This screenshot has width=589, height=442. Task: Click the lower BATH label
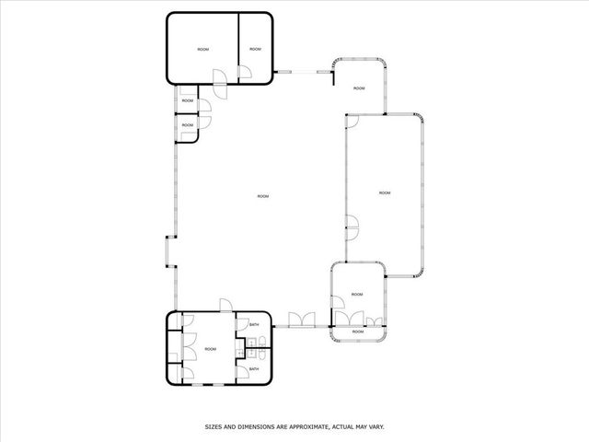254,369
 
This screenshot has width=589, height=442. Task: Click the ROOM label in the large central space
263,196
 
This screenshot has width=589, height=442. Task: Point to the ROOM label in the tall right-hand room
385,192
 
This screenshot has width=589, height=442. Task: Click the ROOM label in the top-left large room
202,48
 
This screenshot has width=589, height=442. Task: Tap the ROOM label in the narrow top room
255,48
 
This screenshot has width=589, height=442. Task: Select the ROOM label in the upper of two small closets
187,100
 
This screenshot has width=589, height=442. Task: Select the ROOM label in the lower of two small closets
187,124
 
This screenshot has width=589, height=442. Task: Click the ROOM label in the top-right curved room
359,88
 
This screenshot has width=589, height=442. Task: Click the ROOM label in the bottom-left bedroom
211,349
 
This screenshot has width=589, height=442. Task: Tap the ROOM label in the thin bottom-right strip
358,331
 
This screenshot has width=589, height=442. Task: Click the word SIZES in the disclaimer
214,426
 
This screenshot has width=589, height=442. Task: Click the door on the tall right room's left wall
352,221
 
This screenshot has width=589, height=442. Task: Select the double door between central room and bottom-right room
300,321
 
